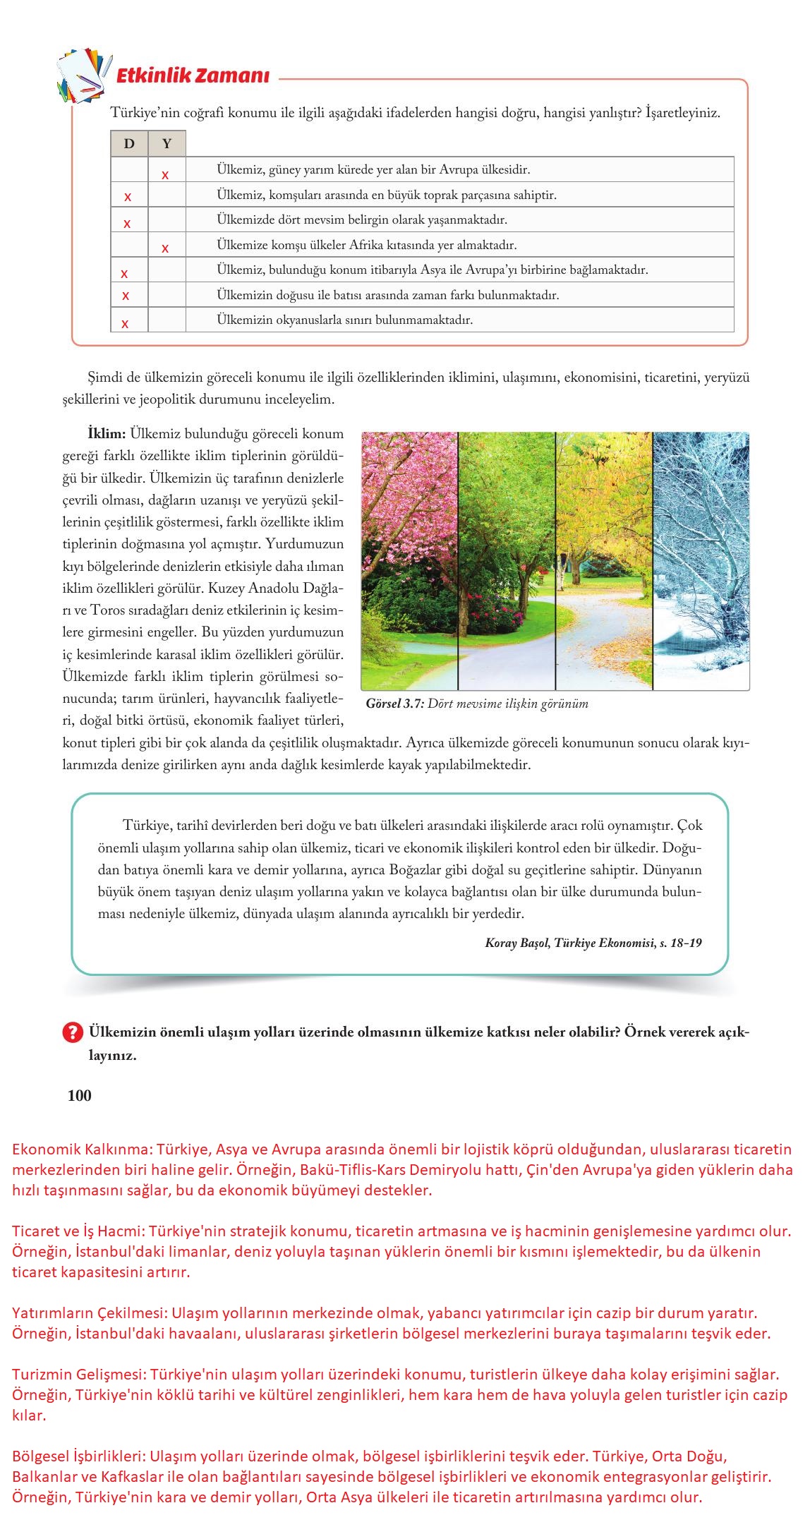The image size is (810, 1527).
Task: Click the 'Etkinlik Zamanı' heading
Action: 192,76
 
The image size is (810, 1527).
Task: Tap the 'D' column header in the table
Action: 129,144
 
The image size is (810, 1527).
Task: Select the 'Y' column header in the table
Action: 167,144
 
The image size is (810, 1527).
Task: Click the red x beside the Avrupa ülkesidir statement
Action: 165,175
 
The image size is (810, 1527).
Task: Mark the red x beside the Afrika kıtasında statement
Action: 165,248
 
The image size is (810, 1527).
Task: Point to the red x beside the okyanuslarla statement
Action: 125,324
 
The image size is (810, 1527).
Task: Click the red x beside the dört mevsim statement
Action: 127,224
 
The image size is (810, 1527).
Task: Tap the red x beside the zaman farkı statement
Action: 126,296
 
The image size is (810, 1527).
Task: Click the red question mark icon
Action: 73,1032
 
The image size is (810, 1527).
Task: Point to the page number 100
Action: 80,1095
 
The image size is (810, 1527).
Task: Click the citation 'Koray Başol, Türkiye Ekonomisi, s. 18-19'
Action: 593,943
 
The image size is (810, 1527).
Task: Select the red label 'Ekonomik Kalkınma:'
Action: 82,1149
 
